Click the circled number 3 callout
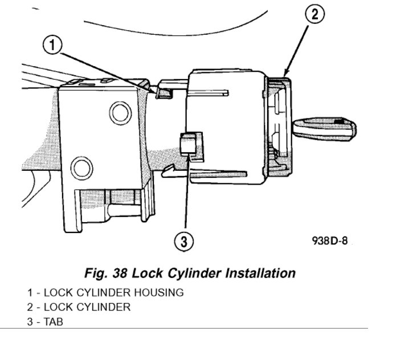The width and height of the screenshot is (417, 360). click(x=182, y=242)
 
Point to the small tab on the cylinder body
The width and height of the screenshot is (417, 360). click(x=187, y=143)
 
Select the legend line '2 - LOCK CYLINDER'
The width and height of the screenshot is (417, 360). click(x=78, y=307)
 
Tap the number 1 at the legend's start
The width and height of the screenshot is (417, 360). click(x=29, y=293)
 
